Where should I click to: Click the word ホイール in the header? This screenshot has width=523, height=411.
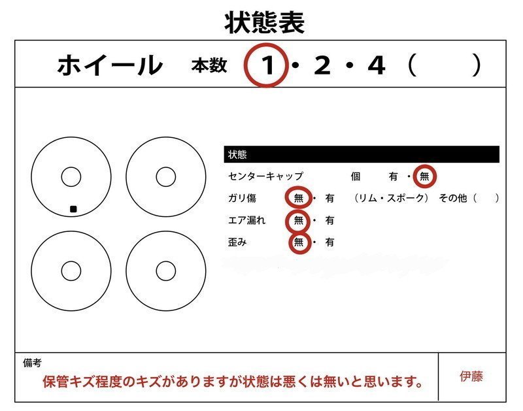pos(110,65)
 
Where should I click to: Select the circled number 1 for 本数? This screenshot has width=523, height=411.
pos(267,65)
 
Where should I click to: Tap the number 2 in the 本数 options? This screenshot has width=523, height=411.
pos(322,65)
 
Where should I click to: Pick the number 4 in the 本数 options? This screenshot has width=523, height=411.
pos(376,65)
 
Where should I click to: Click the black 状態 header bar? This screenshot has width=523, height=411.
pos(361,154)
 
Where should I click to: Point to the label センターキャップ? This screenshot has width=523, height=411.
pos(266,176)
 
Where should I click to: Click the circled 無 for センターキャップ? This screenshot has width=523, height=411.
pos(426,176)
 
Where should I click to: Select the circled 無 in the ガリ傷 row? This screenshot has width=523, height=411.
pos(299,198)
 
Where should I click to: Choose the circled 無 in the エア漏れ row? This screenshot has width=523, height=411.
pos(299,220)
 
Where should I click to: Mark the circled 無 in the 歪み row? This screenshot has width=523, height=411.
pos(299,242)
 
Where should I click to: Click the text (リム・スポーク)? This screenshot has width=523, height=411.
pos(391,198)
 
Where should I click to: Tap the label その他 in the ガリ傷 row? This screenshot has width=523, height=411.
pos(452,198)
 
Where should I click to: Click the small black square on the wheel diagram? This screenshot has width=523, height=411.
pos(74,209)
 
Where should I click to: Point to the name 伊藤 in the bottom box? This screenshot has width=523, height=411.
pos(471,376)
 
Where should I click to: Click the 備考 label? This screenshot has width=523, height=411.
pos(32,363)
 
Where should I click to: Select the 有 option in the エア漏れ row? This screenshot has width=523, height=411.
pos(329,220)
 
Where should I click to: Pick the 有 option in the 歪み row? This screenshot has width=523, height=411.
pos(329,242)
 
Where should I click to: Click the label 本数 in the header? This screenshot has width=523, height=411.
pos(209,66)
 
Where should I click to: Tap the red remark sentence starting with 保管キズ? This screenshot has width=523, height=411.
pos(232,381)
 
